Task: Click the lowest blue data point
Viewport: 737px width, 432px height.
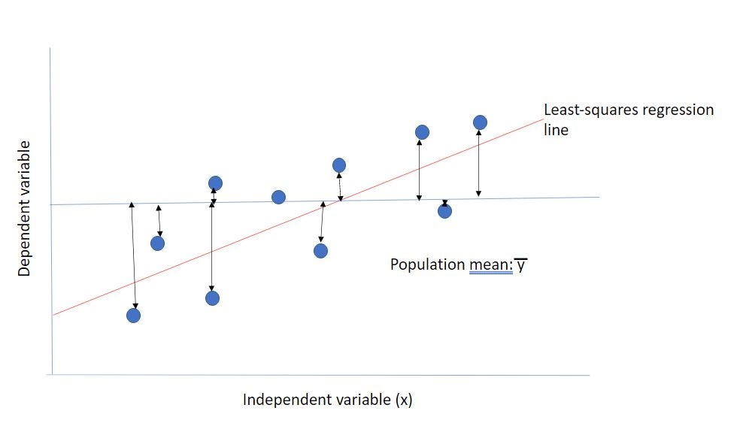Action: [133, 315]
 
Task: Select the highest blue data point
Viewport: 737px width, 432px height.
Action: [480, 122]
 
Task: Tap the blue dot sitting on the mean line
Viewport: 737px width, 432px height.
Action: [278, 197]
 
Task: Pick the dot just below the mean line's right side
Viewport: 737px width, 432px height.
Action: [444, 211]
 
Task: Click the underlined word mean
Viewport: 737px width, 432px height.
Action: [487, 264]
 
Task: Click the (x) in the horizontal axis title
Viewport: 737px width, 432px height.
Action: [403, 400]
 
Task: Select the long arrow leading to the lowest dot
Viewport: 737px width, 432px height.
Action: [134, 255]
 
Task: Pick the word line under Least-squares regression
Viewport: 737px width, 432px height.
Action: [556, 130]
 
